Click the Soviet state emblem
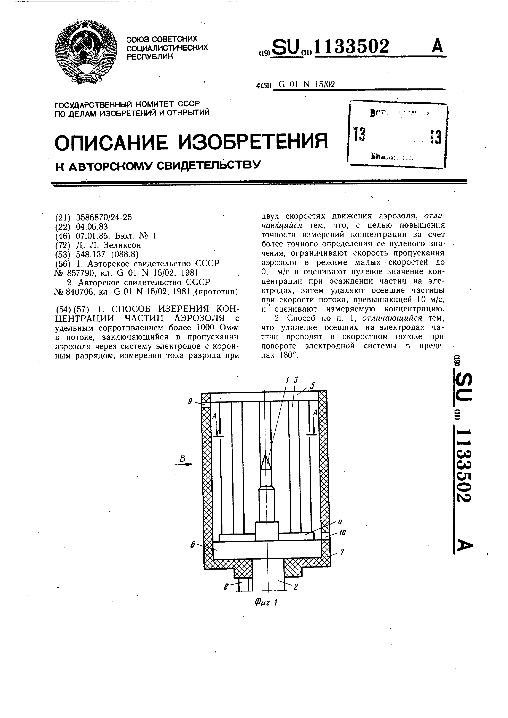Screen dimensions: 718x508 86,52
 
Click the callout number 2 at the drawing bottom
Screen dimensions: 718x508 295,587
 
